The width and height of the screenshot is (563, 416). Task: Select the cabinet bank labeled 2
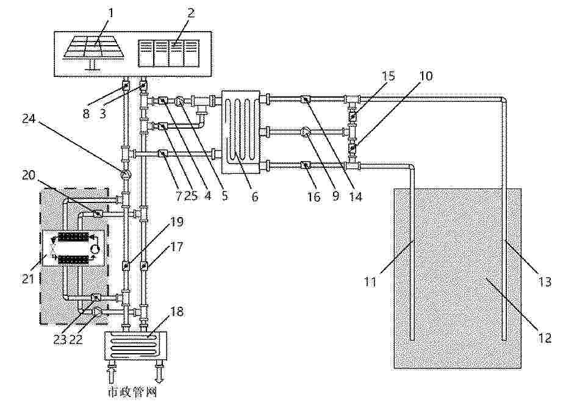pos(168,53)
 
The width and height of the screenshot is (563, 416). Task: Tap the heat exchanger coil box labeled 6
pos(240,132)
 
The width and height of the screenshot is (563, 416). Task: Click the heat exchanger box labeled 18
pos(136,345)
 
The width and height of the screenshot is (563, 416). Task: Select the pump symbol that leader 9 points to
pos(306,133)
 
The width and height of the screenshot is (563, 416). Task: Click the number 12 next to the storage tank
pos(544,338)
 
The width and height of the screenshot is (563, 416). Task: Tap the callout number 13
pos(545,282)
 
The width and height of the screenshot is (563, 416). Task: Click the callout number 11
pos(370,282)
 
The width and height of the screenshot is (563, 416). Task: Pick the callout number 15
pos(388,76)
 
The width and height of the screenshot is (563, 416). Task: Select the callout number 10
pos(426,76)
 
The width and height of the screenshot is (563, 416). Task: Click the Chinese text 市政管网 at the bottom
pos(132,392)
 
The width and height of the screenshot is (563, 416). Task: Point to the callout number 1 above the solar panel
pos(110,13)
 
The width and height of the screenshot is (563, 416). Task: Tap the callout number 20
pos(29,175)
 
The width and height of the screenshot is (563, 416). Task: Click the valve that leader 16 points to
pos(305,165)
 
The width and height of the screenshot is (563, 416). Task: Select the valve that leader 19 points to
pos(126,266)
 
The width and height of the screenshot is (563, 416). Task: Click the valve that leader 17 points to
pos(143,266)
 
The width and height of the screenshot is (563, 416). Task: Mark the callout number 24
pos(29,118)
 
